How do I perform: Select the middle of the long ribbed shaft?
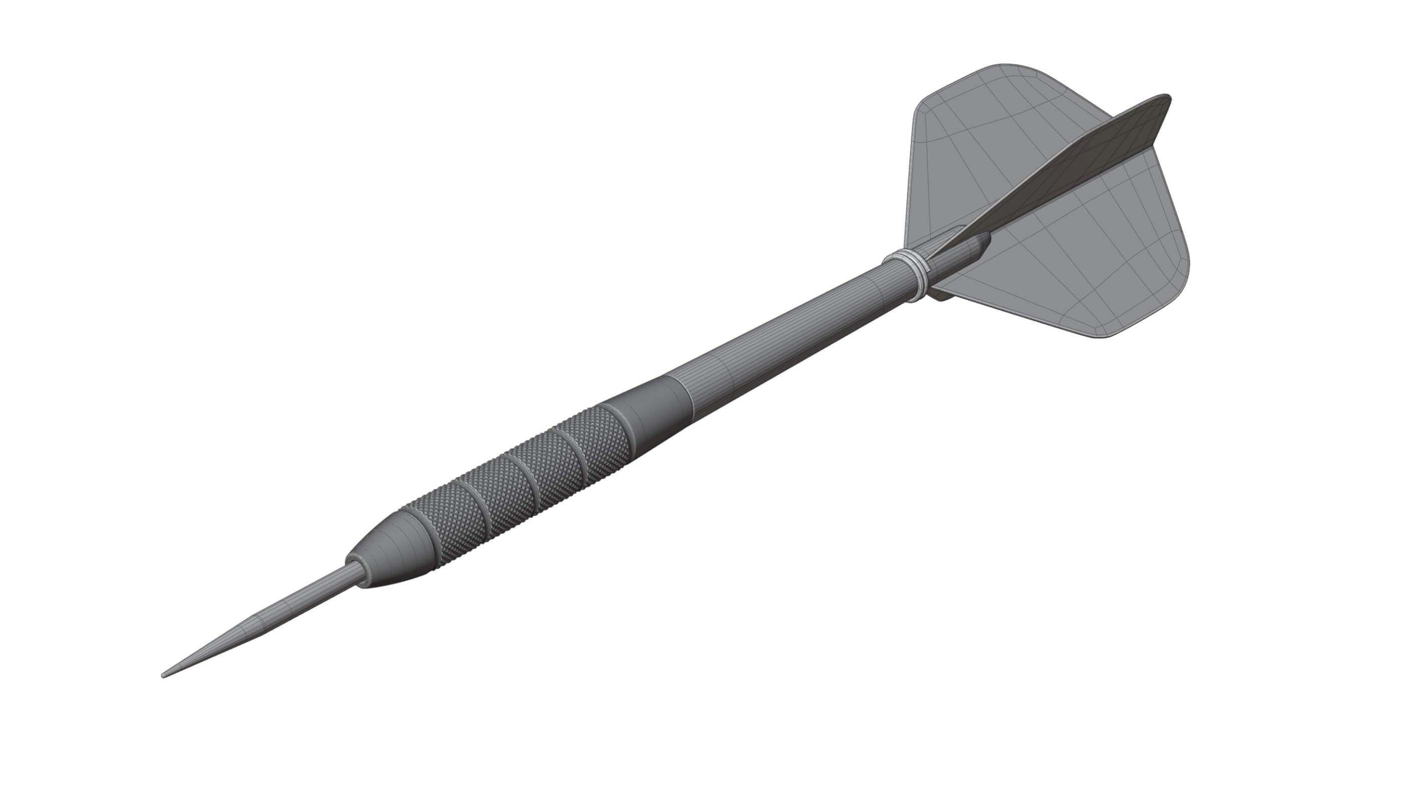(x=790, y=332)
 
